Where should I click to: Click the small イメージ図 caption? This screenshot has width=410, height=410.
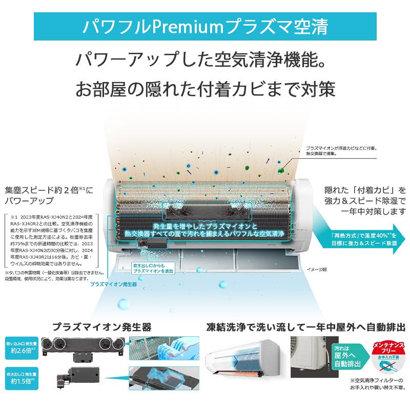pos(316,269)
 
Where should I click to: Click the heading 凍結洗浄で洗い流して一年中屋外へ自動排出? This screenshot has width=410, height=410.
pos(306,326)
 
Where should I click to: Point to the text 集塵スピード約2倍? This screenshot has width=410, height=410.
pos(46,190)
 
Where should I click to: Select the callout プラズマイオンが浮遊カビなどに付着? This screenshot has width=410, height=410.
pos(341,149)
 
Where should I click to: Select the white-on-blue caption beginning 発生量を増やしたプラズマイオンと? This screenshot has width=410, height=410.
pos(205,229)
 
